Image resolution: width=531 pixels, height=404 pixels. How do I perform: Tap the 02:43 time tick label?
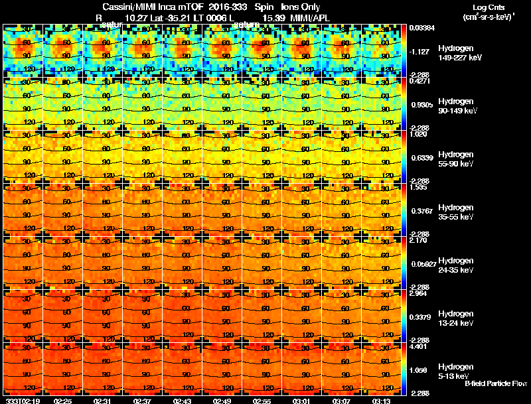[182, 400]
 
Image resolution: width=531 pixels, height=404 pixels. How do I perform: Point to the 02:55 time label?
[262, 400]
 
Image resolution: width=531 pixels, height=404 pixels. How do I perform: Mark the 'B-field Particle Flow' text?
[495, 383]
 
